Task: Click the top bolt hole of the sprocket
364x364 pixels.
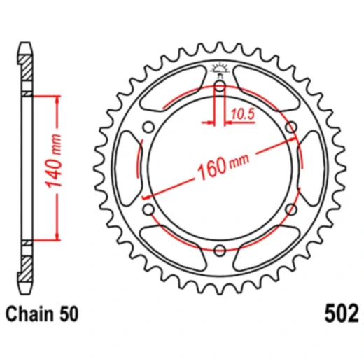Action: [219, 86]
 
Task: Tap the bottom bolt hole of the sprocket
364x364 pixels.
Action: [219, 250]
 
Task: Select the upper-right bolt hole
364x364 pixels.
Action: [290, 127]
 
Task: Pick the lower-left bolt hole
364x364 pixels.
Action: [148, 209]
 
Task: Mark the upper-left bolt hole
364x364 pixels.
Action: [148, 127]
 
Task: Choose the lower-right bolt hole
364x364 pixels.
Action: [290, 209]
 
